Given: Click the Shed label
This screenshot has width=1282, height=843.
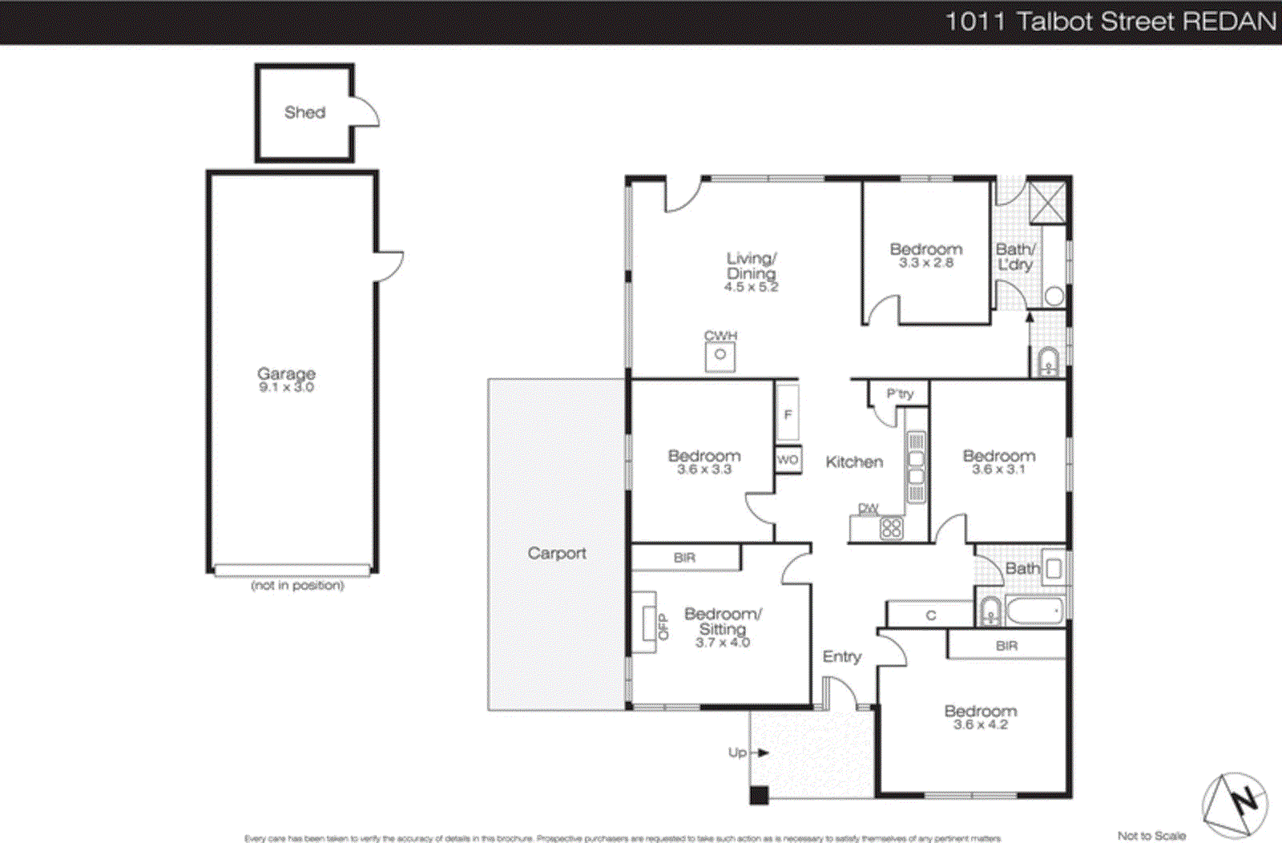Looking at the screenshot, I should coord(304,113).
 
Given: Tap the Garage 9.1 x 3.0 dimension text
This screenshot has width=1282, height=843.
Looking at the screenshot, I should coord(286,388).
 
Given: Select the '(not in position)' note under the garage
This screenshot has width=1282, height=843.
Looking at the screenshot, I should coord(297,586).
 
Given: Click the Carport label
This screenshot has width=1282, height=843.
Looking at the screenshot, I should coord(556,554).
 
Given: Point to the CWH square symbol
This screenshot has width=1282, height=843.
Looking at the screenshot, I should coord(720,355).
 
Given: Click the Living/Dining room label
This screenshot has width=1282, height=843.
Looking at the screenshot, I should coord(751,266).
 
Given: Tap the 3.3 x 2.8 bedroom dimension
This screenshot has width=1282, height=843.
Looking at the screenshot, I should coord(925,263).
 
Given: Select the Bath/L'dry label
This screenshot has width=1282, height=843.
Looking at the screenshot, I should coord(1015,257).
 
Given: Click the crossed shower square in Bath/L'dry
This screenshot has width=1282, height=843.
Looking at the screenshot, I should coord(1047,202).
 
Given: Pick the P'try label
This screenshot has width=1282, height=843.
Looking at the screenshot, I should coord(899,393).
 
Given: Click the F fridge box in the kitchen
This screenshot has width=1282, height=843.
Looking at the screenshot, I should coord(788,414).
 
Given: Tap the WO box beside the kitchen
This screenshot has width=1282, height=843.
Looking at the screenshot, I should coord(788,459).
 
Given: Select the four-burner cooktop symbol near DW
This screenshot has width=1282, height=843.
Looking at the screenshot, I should coord(891,528).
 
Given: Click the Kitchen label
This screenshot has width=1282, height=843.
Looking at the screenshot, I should coord(854,462).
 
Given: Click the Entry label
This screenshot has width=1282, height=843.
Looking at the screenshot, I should coord(841,657).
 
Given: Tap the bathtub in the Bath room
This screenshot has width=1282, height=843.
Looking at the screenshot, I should coord(1034,611).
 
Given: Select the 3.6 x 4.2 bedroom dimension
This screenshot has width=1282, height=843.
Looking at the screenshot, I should coord(980,724).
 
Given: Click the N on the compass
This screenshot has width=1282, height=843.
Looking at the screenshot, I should coord(1244,801).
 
